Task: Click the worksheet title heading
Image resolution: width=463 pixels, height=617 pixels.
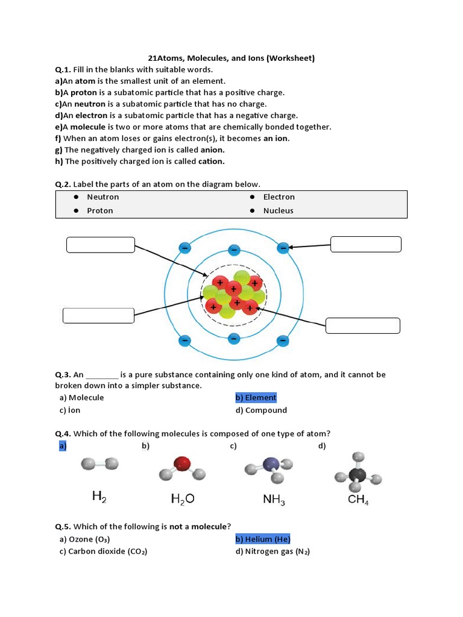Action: [231, 58]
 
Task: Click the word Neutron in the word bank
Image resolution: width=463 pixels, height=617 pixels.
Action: [102, 197]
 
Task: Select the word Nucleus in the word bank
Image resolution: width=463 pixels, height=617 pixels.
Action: [278, 211]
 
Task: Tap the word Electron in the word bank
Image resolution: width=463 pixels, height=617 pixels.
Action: [279, 197]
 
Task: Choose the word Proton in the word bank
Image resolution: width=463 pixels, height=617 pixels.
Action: [99, 211]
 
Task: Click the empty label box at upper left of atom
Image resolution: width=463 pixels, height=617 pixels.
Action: [100, 245]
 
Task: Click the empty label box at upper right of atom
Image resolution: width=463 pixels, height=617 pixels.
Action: [366, 244]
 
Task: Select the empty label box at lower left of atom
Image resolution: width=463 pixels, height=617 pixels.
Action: [98, 316]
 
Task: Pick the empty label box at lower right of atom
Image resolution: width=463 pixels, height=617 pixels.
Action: [362, 325]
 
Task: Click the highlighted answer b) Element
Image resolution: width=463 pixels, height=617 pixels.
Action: [256, 398]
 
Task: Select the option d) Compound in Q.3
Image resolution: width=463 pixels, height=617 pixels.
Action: [261, 410]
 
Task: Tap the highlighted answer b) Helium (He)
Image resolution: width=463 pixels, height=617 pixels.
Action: [262, 539]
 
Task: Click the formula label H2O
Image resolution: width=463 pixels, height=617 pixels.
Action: [183, 499]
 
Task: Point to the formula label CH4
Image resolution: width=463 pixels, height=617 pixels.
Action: [358, 500]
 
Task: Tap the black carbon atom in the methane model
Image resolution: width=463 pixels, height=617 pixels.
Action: [358, 473]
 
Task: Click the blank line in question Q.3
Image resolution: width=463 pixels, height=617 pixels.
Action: [102, 375]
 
